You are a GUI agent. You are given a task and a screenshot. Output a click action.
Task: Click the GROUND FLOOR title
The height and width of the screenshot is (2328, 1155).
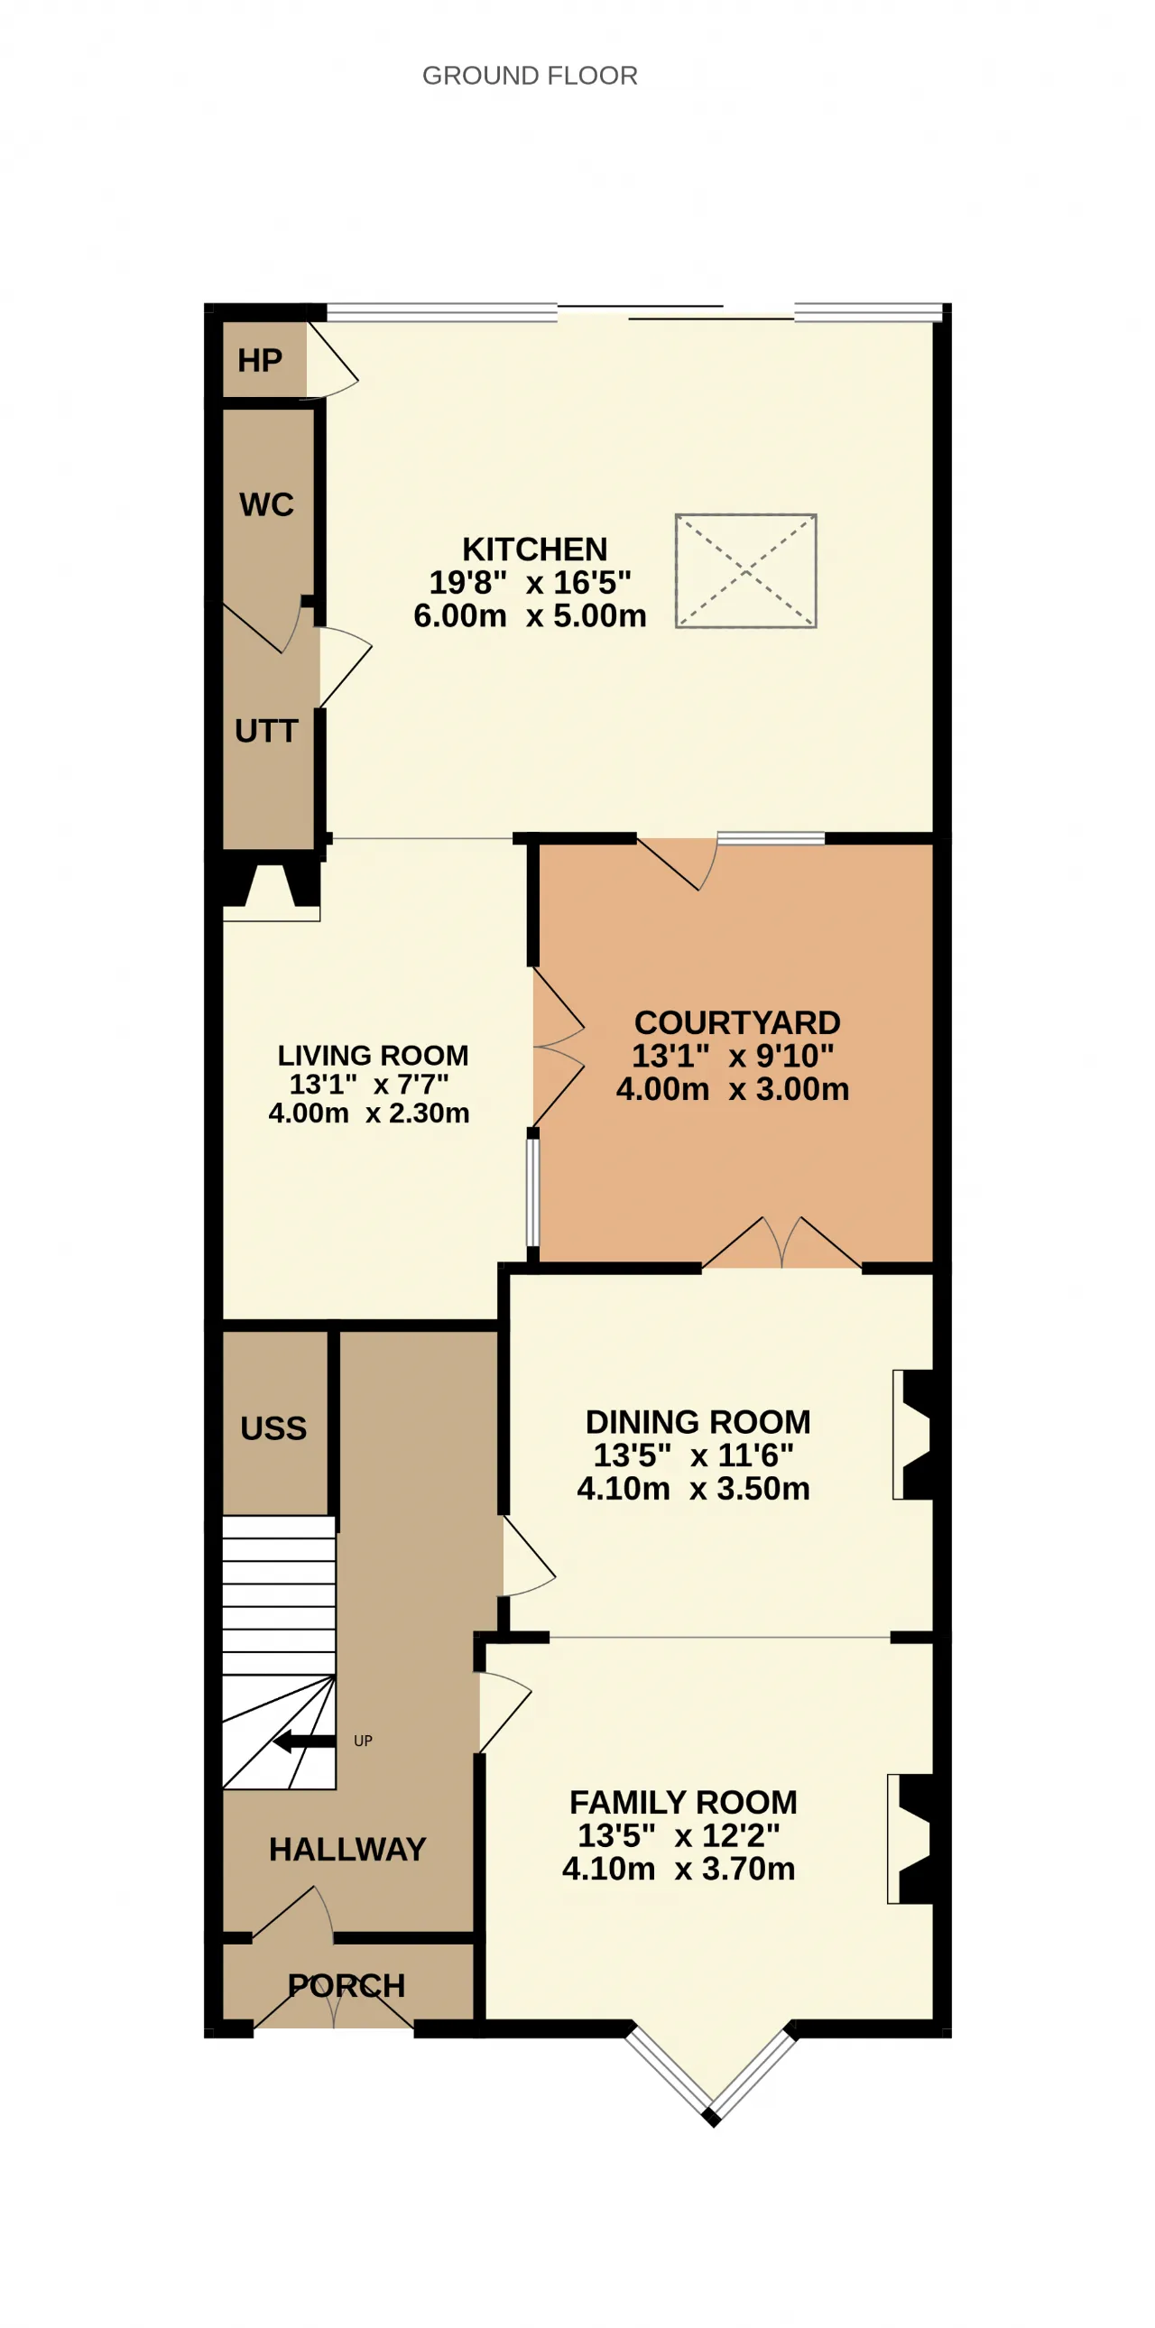pyautogui.click(x=530, y=75)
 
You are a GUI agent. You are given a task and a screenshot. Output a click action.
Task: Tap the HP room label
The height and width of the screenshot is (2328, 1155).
pyautogui.click(x=259, y=361)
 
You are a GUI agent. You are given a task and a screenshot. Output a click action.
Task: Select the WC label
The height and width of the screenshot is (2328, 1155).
pyautogui.click(x=266, y=504)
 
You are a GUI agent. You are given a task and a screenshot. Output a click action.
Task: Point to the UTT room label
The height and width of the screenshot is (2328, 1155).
pyautogui.click(x=266, y=730)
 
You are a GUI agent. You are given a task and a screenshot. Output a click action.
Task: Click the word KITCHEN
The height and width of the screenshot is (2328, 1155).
pyautogui.click(x=535, y=550)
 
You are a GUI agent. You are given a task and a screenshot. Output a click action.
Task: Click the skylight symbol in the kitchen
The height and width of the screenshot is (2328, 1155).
pyautogui.click(x=745, y=571)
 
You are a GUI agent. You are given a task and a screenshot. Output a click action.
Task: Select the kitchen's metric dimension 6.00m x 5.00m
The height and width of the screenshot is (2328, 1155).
pyautogui.click(x=531, y=615)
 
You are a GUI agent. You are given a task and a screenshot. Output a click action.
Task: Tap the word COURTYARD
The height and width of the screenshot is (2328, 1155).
pyautogui.click(x=737, y=1022)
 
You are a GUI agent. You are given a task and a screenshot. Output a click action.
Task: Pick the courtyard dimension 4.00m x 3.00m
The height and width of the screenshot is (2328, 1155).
pyautogui.click(x=733, y=1089)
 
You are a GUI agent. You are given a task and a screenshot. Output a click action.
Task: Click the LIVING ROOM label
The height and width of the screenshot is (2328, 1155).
pyautogui.click(x=374, y=1055)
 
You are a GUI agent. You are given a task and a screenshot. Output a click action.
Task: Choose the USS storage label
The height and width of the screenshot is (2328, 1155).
pyautogui.click(x=273, y=1427)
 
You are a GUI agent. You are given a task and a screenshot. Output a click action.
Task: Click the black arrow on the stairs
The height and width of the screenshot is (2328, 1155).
pyautogui.click(x=304, y=1741)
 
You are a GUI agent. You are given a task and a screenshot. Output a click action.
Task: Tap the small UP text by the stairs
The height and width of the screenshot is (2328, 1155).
pyautogui.click(x=364, y=1741)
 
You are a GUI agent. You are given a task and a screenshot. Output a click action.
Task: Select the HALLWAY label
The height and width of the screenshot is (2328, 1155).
pyautogui.click(x=348, y=1849)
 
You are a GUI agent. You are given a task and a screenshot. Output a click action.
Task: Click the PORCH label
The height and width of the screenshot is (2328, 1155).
pyautogui.click(x=347, y=1985)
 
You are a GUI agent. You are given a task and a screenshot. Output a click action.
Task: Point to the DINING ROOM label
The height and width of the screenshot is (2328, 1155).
pyautogui.click(x=698, y=1421)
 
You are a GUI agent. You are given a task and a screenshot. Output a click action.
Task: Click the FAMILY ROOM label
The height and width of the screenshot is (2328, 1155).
pyautogui.click(x=684, y=1802)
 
